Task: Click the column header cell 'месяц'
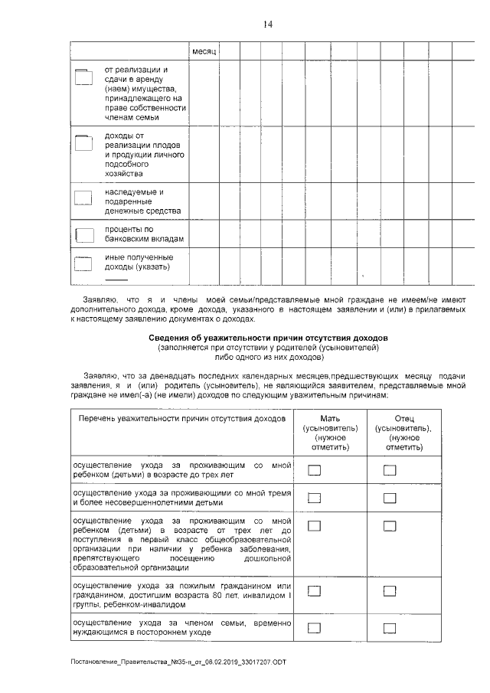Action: coord(204,51)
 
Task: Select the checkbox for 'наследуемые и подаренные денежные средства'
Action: coord(82,198)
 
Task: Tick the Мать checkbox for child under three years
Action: coord(314,470)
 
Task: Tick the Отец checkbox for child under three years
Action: coord(390,470)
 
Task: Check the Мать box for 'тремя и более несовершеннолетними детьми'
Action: coord(314,499)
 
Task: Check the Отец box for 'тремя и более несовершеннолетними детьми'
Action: coord(390,499)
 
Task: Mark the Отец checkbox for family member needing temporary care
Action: coord(390,628)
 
